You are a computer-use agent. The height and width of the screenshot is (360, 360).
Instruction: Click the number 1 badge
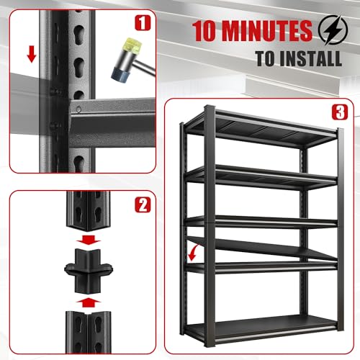pos(144,22)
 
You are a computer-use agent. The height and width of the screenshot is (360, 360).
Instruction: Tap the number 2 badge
pos(144,206)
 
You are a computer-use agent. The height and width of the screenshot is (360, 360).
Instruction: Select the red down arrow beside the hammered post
pos(29,54)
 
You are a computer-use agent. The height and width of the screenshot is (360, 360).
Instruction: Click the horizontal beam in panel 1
pos(108,115)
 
